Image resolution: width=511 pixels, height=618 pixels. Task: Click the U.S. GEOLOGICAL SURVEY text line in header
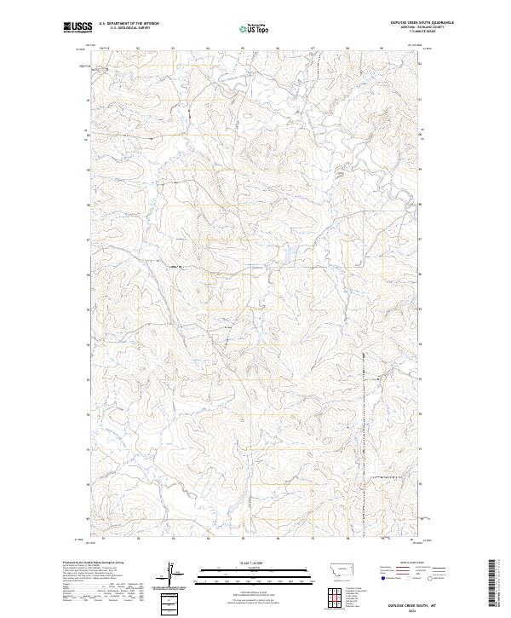pos(129,28)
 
